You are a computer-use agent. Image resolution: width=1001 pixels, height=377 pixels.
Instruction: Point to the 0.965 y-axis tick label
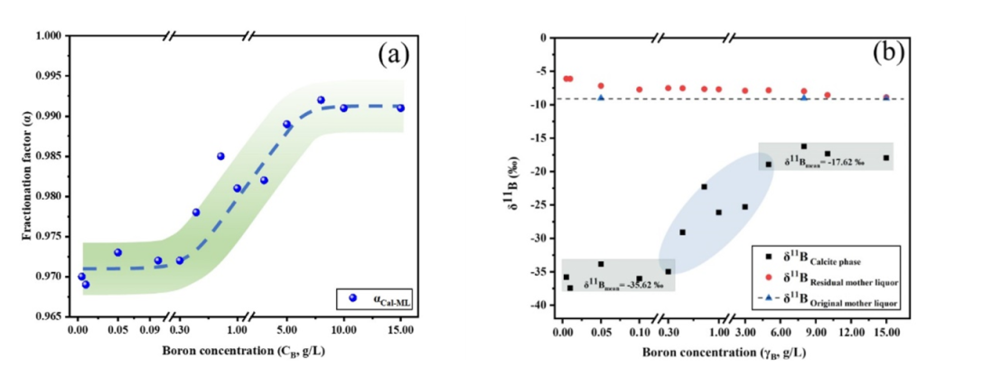click(x=47, y=316)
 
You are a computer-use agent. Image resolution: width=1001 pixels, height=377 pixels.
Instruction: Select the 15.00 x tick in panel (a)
click(x=400, y=332)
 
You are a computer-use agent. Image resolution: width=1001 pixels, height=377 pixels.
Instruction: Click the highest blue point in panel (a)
click(x=321, y=100)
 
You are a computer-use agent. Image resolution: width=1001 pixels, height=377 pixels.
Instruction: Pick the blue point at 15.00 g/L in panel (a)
click(x=400, y=108)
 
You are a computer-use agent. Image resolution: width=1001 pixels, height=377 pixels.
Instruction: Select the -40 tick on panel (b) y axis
click(x=541, y=306)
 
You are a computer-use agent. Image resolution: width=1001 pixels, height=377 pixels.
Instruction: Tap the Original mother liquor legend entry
click(x=836, y=296)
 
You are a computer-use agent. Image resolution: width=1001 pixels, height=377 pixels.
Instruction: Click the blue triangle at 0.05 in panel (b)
click(x=601, y=98)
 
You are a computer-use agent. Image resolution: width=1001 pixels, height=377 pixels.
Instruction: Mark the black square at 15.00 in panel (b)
click(x=886, y=157)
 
